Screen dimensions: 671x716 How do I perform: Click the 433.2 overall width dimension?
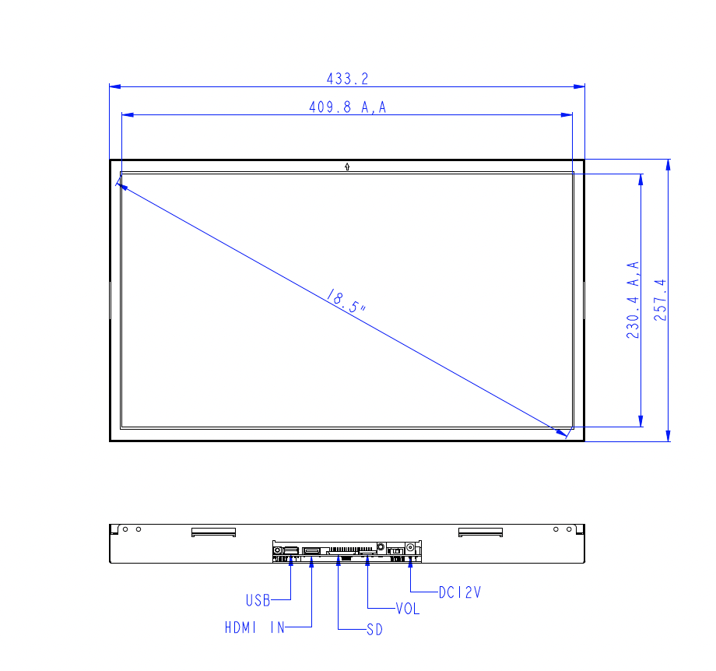(347, 79)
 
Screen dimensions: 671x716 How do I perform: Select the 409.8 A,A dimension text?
(347, 107)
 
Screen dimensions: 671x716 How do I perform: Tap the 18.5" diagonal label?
(346, 301)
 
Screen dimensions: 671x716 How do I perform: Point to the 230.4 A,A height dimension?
(634, 300)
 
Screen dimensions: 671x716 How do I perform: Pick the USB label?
(258, 600)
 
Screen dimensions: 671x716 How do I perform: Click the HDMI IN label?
(254, 627)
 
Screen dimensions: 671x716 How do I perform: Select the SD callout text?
(374, 630)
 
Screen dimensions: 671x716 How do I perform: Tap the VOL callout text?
(407, 610)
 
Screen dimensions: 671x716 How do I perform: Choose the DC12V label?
(460, 592)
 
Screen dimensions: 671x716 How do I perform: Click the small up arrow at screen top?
(346, 166)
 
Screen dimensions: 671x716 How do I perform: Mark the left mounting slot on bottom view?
(213, 532)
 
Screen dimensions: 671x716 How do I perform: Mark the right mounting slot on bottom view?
(480, 532)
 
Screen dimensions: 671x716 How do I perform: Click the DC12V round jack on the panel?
(409, 547)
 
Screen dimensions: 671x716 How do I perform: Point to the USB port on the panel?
(290, 551)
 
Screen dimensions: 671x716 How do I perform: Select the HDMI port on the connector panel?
(311, 552)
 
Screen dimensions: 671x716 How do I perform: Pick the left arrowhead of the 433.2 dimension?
(114, 86)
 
